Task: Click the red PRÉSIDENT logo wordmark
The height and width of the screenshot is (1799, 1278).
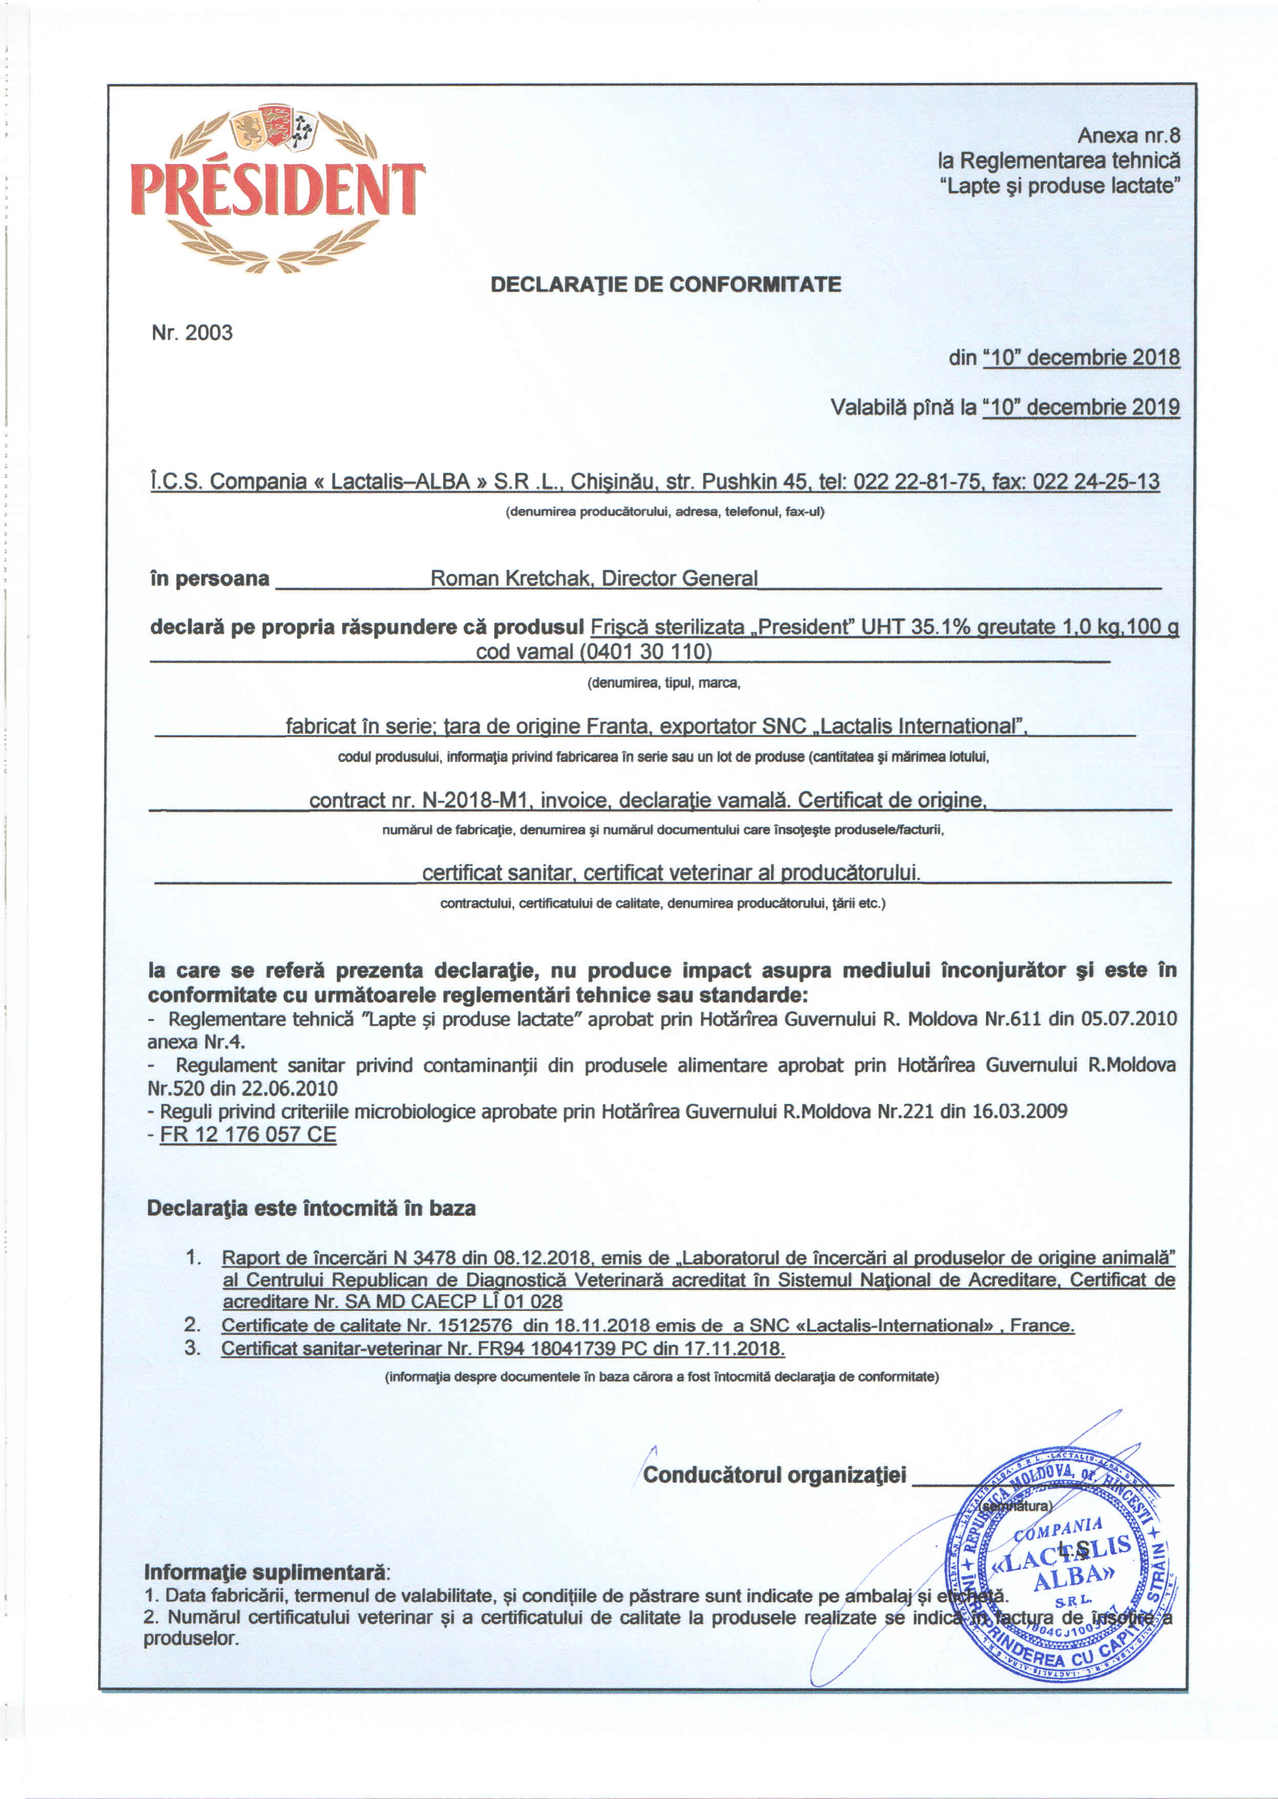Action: [277, 189]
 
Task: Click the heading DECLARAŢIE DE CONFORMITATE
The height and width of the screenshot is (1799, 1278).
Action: [665, 285]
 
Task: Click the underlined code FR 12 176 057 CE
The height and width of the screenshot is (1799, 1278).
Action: [248, 1135]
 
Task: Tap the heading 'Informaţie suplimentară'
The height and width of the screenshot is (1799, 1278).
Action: [266, 1572]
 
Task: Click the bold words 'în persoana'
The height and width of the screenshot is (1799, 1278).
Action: [209, 579]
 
